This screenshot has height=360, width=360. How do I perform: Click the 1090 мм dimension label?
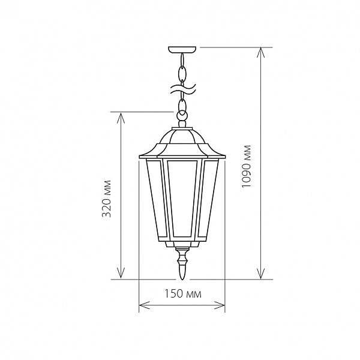click(247, 166)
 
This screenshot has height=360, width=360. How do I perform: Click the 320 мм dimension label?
click(107, 199)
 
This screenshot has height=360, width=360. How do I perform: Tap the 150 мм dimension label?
click(183, 293)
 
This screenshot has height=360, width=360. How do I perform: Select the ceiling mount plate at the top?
click(182, 50)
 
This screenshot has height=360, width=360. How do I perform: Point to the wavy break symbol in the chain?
click(182, 89)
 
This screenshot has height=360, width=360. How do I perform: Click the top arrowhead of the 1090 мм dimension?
click(260, 53)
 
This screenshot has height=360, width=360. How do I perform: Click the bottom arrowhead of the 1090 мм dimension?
click(260, 274)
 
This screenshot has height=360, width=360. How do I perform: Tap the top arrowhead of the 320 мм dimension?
click(121, 118)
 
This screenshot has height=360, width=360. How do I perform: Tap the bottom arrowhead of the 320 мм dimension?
click(121, 274)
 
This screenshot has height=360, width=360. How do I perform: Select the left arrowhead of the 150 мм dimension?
click(144, 305)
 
